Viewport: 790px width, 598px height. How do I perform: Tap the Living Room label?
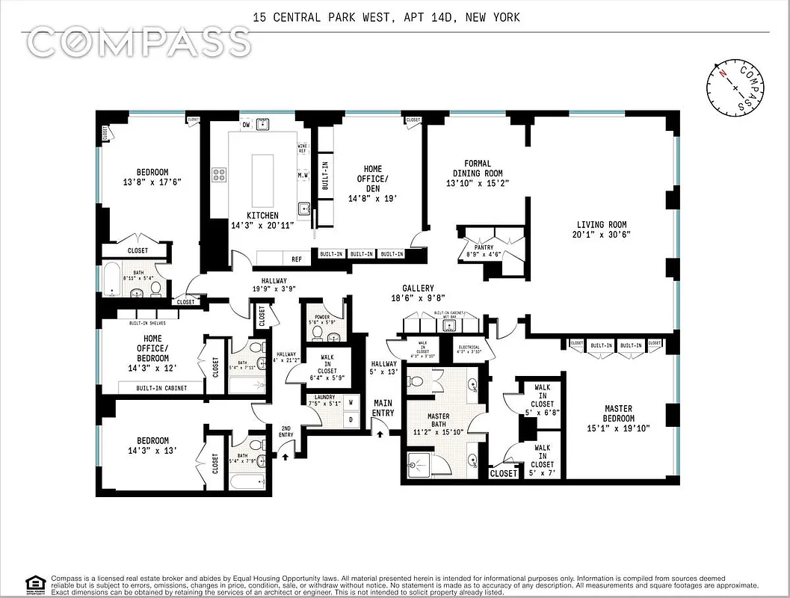click(601, 224)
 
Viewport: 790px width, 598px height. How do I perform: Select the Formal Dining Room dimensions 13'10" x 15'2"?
click(473, 183)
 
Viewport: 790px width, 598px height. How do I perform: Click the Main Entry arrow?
click(380, 432)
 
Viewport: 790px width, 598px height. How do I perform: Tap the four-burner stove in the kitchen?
click(220, 175)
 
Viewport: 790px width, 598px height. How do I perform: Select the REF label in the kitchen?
click(297, 259)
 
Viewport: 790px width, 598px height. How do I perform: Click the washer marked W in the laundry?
click(350, 402)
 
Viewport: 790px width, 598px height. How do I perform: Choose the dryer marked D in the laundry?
click(350, 420)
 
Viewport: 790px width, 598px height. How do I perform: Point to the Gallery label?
click(417, 288)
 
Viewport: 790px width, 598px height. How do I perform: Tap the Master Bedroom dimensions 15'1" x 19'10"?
click(617, 428)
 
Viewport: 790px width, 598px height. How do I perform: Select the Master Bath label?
click(438, 416)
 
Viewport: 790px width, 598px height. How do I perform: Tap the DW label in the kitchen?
click(245, 126)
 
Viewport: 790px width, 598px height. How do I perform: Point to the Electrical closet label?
click(469, 347)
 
